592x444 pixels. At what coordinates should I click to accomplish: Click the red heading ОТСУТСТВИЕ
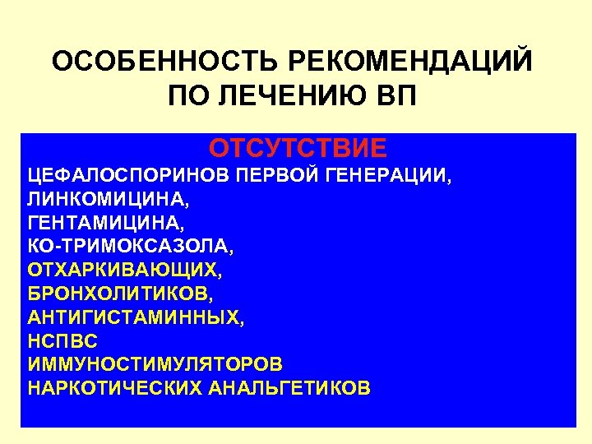(x=298, y=149)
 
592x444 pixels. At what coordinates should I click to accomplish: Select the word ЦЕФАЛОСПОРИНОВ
(x=125, y=175)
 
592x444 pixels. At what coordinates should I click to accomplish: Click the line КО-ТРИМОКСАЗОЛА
(x=130, y=246)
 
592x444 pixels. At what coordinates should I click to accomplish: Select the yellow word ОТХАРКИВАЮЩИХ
(x=124, y=270)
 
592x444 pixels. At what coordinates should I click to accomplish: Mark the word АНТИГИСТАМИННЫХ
(x=134, y=317)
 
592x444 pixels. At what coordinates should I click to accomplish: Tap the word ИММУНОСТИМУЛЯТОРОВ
(x=155, y=363)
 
